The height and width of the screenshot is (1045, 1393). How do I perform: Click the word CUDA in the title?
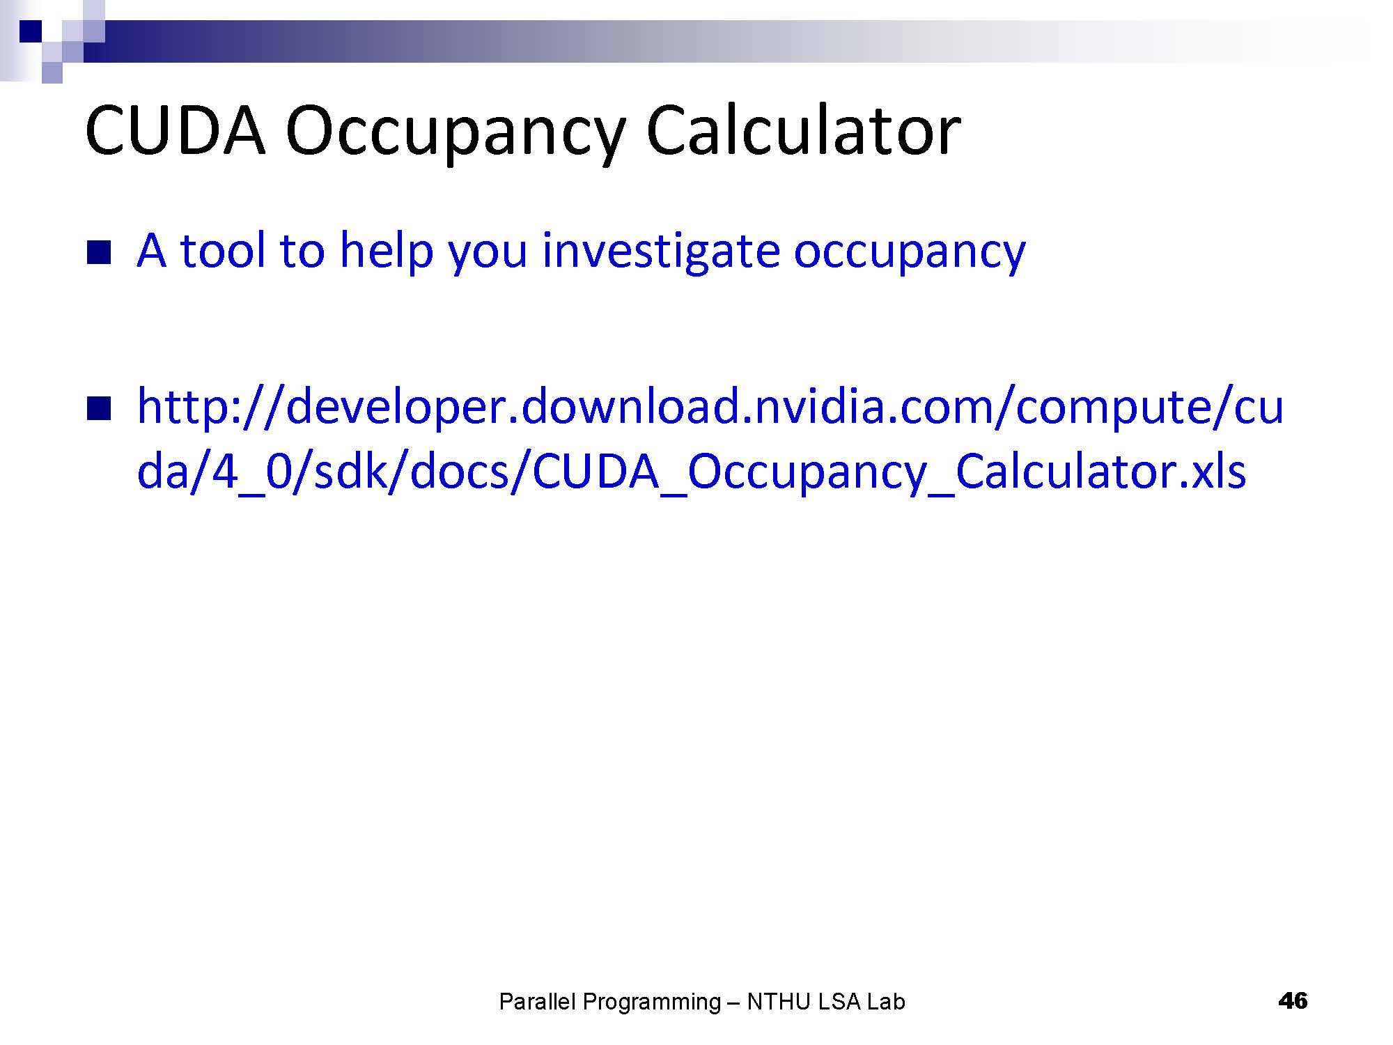pyautogui.click(x=176, y=130)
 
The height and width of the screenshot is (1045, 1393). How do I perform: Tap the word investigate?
pyautogui.click(x=660, y=252)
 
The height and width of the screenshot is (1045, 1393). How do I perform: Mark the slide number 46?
pyautogui.click(x=1293, y=1001)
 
